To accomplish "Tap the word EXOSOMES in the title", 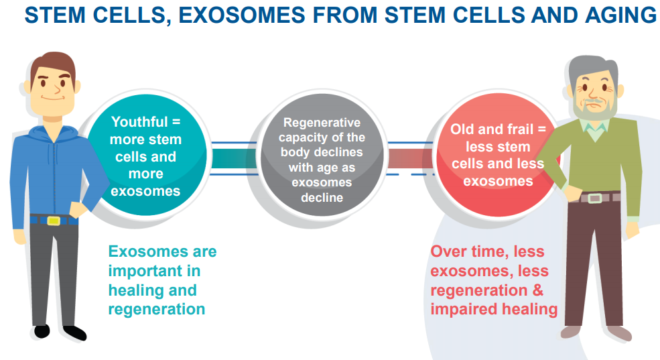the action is pos(242,15).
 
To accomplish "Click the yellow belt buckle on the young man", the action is pos(54,221).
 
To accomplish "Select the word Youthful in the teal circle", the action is pos(139,122).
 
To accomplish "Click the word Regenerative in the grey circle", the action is pos(322,122).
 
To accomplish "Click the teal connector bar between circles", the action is pos(234,158).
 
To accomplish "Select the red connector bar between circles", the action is pos(410,158).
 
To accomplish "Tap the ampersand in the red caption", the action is pos(538,290).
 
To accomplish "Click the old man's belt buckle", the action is pos(595,198).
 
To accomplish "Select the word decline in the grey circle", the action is pos(322,197).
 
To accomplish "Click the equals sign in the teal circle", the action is pos(176,122).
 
